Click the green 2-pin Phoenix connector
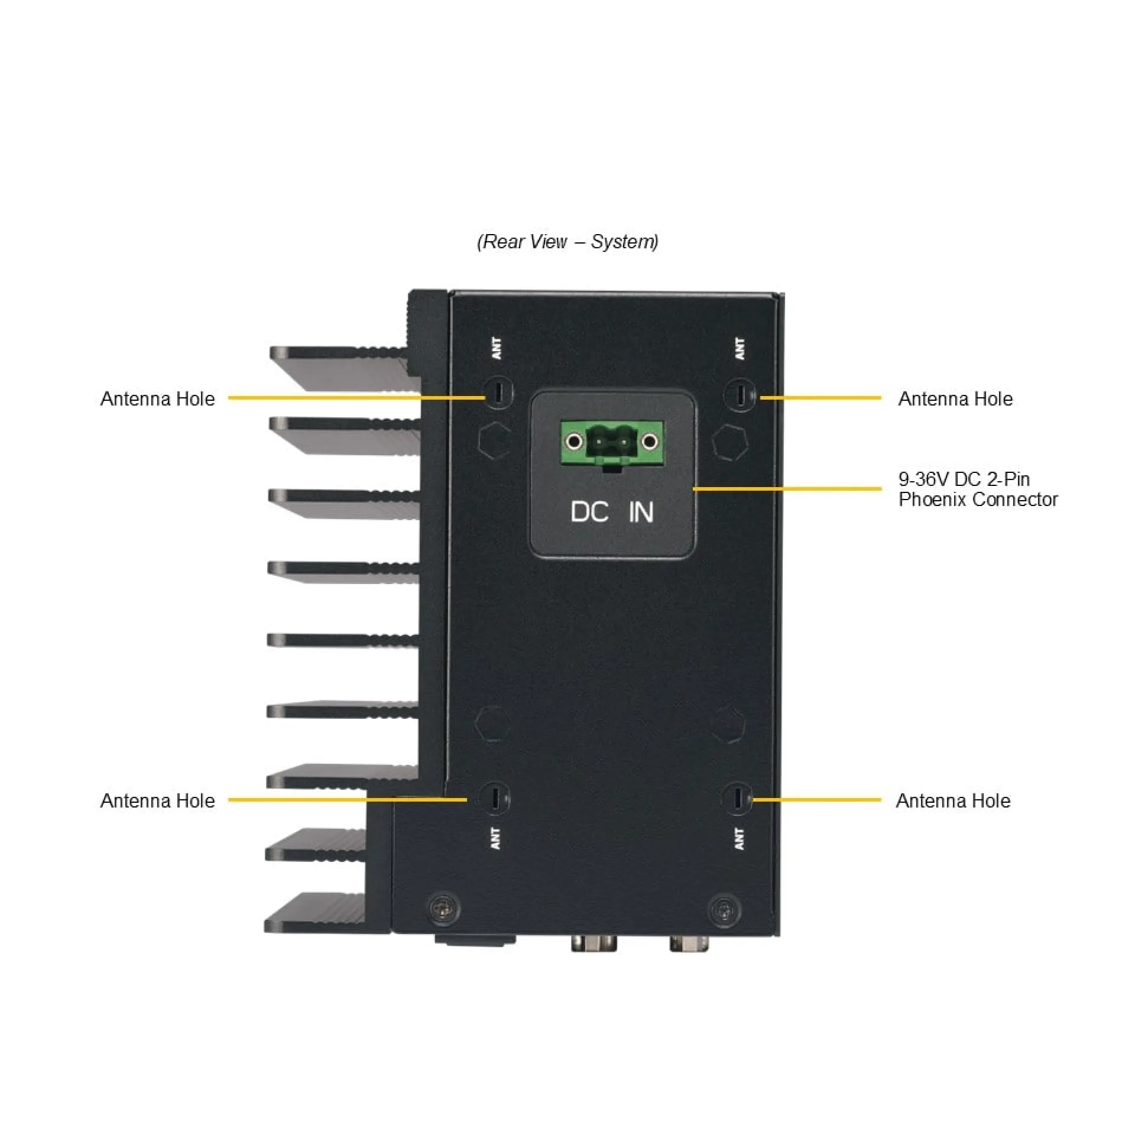(x=612, y=443)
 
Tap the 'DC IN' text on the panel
(x=612, y=512)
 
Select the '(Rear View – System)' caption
(x=567, y=241)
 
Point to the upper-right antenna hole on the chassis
(x=741, y=394)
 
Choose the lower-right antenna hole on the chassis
(x=737, y=799)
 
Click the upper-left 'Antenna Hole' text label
(x=158, y=398)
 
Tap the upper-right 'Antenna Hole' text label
(x=955, y=398)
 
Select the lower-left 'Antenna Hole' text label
(x=158, y=800)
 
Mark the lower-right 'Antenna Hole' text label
(x=953, y=800)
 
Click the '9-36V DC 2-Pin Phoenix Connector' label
(x=978, y=489)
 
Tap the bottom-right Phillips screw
(x=725, y=909)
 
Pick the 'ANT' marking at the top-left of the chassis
(x=497, y=348)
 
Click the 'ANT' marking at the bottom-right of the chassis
(x=739, y=838)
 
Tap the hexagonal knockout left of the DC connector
(x=494, y=440)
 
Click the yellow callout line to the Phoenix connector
(x=786, y=489)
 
